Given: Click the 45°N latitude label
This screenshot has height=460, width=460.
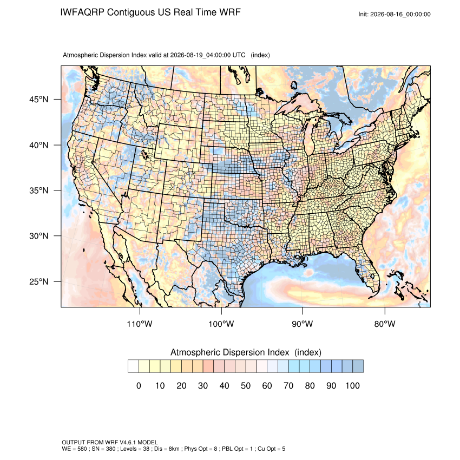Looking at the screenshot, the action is pyautogui.click(x=39, y=100).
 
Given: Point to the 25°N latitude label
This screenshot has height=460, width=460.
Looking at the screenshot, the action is pyautogui.click(x=39, y=281).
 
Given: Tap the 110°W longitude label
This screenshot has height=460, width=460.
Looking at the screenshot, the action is pyautogui.click(x=140, y=324).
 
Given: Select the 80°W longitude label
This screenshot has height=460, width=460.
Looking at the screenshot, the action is pyautogui.click(x=385, y=324).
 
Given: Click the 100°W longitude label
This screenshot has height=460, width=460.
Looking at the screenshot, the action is pyautogui.click(x=221, y=324).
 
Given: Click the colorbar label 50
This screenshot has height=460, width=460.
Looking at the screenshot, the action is pyautogui.click(x=246, y=385).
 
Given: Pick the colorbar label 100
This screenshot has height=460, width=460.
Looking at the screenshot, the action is pyautogui.click(x=352, y=385).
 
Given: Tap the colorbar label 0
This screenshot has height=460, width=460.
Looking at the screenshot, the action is pyautogui.click(x=139, y=385).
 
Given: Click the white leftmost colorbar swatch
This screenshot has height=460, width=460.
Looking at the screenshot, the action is pyautogui.click(x=133, y=366).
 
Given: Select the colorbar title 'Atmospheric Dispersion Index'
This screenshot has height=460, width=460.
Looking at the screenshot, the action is pyautogui.click(x=229, y=352).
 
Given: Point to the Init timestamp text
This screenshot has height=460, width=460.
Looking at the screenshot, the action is pyautogui.click(x=395, y=14).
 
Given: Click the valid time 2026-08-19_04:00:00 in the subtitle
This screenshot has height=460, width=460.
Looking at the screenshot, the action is pyautogui.click(x=200, y=55).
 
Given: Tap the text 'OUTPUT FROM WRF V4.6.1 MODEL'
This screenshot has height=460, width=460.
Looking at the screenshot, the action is pyautogui.click(x=110, y=442).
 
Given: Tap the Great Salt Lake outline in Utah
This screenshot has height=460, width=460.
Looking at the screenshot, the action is pyautogui.click(x=144, y=154).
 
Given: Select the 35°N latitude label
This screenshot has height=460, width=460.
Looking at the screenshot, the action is pyautogui.click(x=39, y=190).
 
